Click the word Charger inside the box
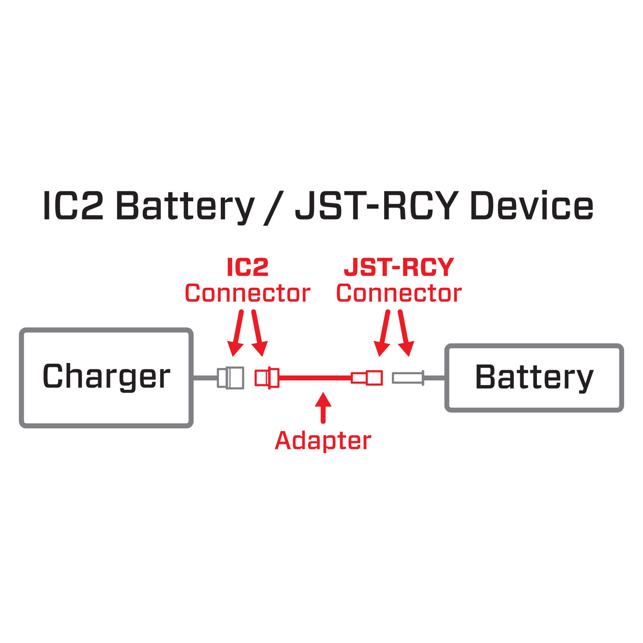pyautogui.click(x=106, y=376)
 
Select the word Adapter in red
pyautogui.click(x=323, y=441)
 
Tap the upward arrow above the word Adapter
pyautogui.click(x=323, y=407)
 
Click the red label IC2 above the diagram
pyautogui.click(x=248, y=267)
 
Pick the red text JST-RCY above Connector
pyautogui.click(x=399, y=267)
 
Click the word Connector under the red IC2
pyautogui.click(x=248, y=293)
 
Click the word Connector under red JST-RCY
pyautogui.click(x=399, y=293)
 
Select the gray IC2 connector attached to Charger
pyautogui.click(x=231, y=377)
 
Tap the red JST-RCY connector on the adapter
pyautogui.click(x=367, y=378)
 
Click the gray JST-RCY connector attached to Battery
pyautogui.click(x=408, y=378)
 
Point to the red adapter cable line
pyautogui.click(x=315, y=378)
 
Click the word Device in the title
pyautogui.click(x=531, y=206)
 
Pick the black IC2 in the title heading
pyautogui.click(x=73, y=206)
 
